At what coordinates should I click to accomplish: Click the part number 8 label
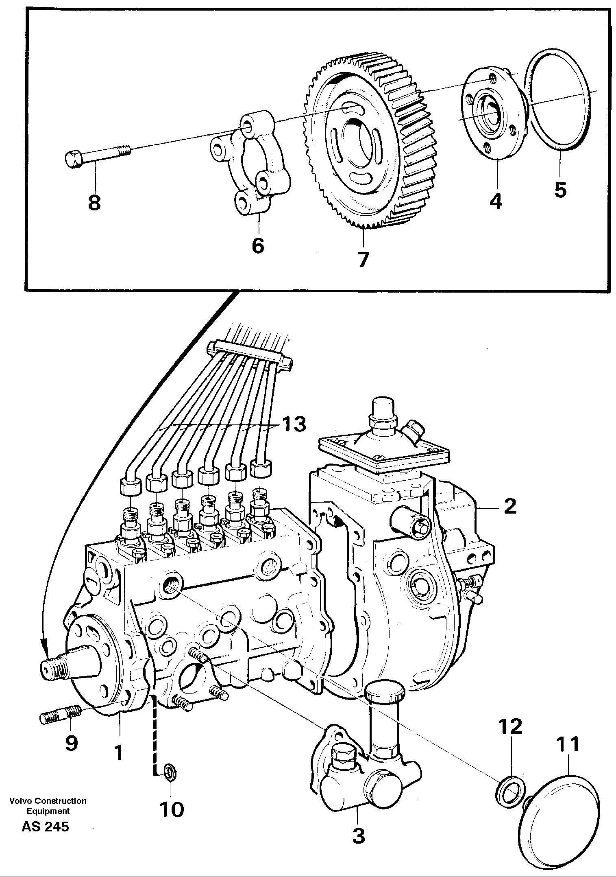pyautogui.click(x=94, y=203)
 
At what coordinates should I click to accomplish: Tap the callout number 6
pyautogui.click(x=258, y=245)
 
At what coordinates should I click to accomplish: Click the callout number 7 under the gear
pyautogui.click(x=363, y=259)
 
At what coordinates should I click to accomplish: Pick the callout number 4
pyautogui.click(x=496, y=201)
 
